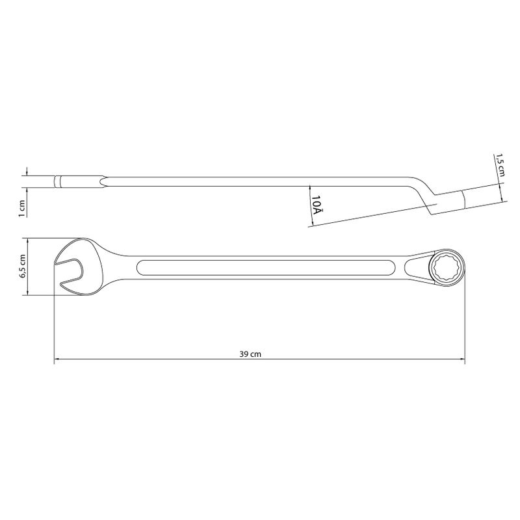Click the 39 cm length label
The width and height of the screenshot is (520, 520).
coord(250,354)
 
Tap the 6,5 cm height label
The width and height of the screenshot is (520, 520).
coord(23,266)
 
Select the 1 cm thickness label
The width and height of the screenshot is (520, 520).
coord(22,208)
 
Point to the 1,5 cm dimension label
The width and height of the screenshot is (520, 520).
coord(500,165)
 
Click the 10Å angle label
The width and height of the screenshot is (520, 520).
coord(317,204)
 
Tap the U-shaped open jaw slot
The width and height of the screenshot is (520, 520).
coord(71,266)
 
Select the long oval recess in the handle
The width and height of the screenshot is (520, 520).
coord(266,268)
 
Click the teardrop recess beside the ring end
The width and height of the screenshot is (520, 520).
coord(416,267)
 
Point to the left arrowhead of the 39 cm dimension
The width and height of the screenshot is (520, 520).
coord(57,359)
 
